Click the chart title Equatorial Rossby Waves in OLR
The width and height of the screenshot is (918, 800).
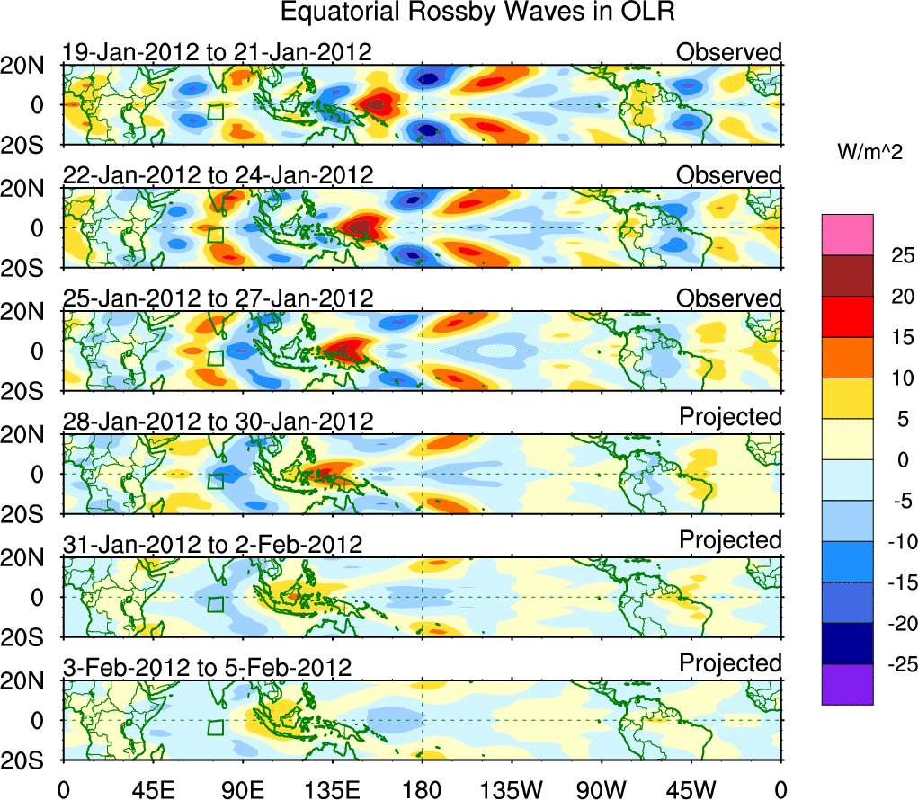[x=477, y=13]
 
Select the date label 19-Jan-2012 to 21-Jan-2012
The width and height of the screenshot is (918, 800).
[x=217, y=52]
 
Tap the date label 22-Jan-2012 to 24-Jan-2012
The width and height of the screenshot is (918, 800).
[x=218, y=175]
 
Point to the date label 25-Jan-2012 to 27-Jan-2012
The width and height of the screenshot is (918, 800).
[x=218, y=298]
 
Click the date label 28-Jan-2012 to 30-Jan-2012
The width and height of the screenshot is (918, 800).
[x=218, y=422]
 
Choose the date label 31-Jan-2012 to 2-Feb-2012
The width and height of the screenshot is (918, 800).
[x=212, y=545]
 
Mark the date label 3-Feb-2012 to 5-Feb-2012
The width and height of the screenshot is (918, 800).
[x=207, y=668]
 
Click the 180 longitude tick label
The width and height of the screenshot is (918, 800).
[x=422, y=788]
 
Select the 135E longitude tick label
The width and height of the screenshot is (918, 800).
[x=332, y=788]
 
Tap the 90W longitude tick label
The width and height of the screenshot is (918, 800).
[x=602, y=788]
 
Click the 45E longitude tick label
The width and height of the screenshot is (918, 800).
[x=152, y=788]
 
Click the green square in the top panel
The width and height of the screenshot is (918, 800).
[x=216, y=112]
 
